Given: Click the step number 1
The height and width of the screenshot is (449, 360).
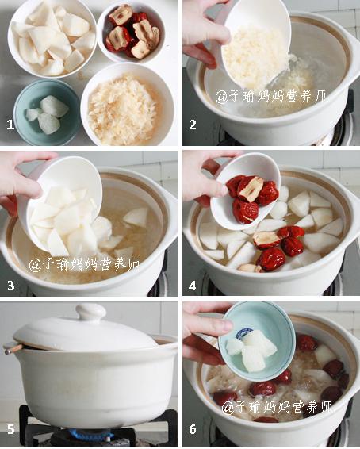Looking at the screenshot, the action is pyautogui.click(x=10, y=125).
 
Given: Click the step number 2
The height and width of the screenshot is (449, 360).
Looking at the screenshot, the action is pyautogui.click(x=193, y=125).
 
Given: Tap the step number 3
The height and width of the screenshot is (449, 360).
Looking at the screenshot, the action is pyautogui.click(x=10, y=286).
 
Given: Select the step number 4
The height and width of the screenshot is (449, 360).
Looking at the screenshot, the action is pyautogui.click(x=193, y=286).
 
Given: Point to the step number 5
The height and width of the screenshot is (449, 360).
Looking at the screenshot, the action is pyautogui.click(x=10, y=429).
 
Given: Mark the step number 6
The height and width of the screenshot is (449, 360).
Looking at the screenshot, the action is pyautogui.click(x=193, y=429).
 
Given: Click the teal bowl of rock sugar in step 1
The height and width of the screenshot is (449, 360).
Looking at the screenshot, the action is pyautogui.click(x=47, y=113).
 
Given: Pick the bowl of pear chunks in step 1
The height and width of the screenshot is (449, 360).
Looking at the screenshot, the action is pyautogui.click(x=52, y=39).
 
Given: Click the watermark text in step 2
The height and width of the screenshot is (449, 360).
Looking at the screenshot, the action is pyautogui.click(x=270, y=97).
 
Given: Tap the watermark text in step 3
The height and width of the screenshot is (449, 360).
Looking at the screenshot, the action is pyautogui.click(x=84, y=265).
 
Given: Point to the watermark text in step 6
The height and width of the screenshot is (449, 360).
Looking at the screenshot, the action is pyautogui.click(x=277, y=407).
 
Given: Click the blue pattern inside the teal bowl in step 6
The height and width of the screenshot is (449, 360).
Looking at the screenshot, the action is pyautogui.click(x=243, y=333).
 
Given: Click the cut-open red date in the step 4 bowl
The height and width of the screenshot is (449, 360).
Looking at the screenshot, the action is pyautogui.click(x=251, y=189).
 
